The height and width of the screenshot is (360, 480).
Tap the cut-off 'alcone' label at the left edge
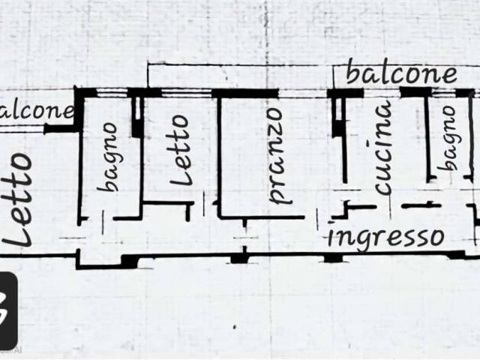tap(37, 111)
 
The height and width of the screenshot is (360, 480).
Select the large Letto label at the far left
tap(18, 199)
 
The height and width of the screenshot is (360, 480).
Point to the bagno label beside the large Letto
tap(108, 157)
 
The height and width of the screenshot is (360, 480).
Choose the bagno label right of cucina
tap(448, 138)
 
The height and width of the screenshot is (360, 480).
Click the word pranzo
tap(279, 156)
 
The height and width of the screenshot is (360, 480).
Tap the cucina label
tap(382, 147)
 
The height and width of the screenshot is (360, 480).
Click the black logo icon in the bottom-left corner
tap(8, 310)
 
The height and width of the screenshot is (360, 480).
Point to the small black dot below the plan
tap(235, 327)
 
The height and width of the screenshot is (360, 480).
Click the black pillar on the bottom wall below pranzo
tap(239, 259)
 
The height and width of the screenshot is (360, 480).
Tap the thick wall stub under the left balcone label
tap(60, 129)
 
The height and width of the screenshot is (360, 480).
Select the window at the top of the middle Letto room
tap(187, 93)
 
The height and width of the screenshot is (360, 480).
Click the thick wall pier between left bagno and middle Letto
tap(136, 117)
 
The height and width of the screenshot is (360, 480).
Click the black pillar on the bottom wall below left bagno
tap(130, 262)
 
